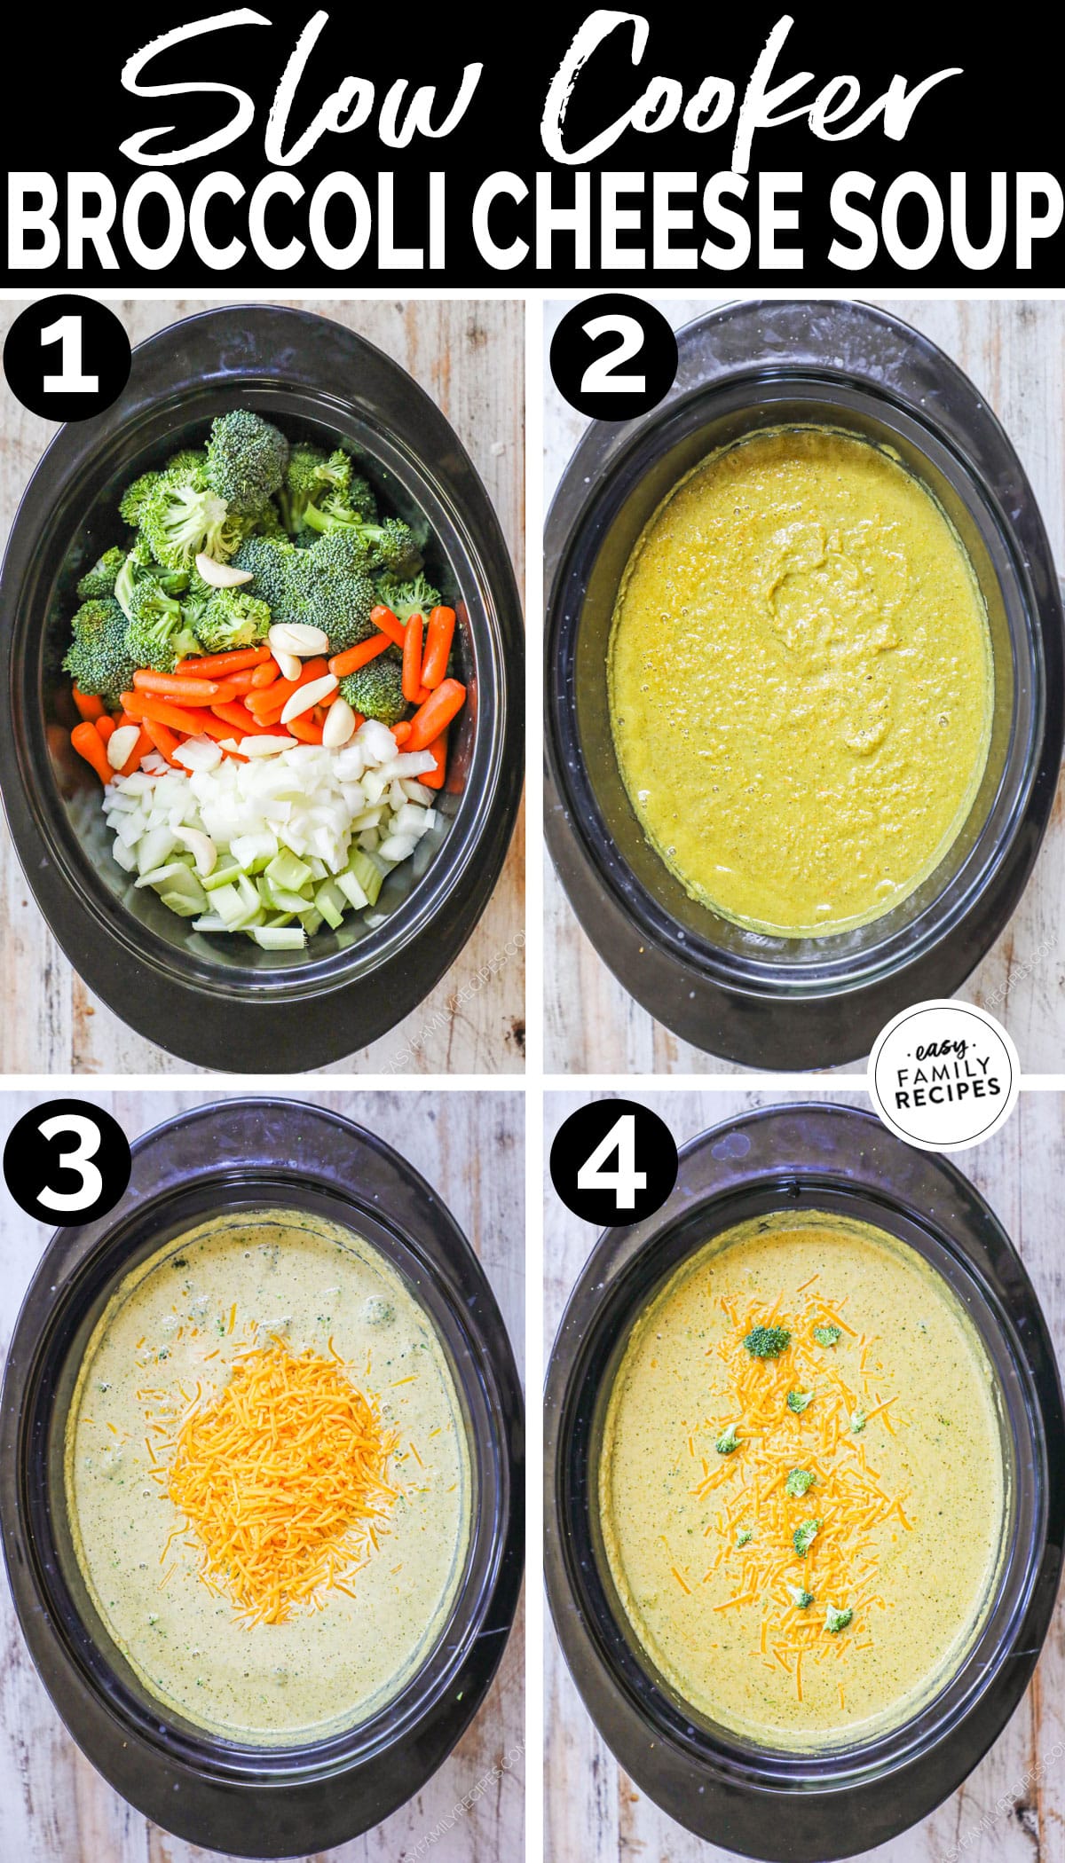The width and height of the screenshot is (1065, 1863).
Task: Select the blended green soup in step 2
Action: pyautogui.click(x=799, y=683)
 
